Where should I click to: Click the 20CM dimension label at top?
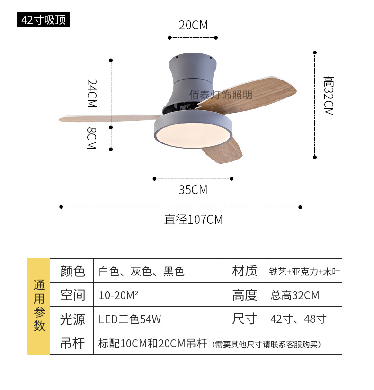(193, 25)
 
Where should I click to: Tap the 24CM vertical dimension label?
(92, 93)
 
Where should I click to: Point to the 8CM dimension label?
(92, 138)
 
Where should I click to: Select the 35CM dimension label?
(193, 190)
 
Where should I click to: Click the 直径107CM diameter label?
(193, 220)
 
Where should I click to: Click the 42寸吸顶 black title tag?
(44, 20)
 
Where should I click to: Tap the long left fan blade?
(109, 116)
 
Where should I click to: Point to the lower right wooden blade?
(223, 152)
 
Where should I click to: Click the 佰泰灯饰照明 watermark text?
(221, 95)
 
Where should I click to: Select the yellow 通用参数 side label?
(39, 306)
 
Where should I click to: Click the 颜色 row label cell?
(72, 271)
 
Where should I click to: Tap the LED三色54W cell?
(130, 319)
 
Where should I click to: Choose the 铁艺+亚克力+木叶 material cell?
(304, 271)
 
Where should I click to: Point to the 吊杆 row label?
(72, 343)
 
